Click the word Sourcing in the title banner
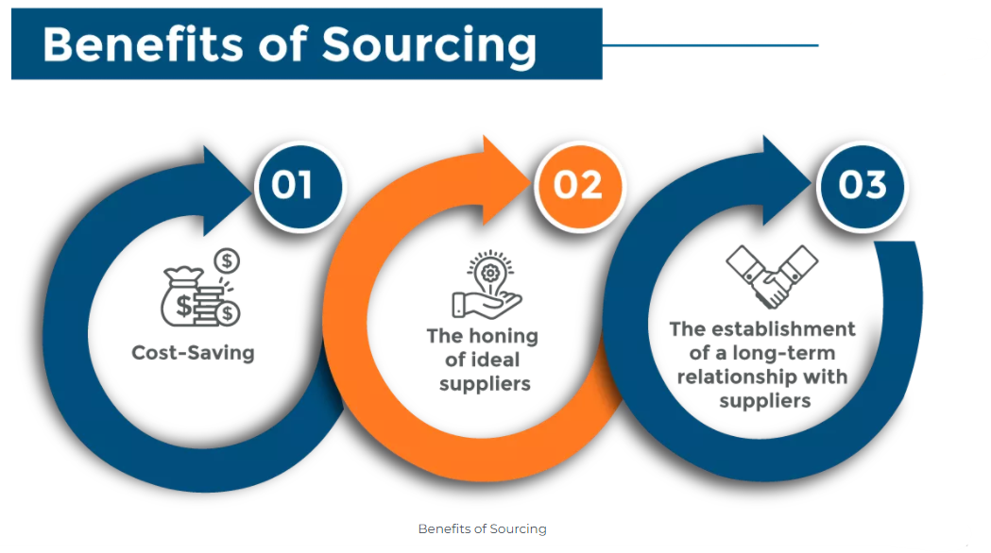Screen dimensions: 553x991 tap(429, 44)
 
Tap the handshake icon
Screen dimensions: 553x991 tap(771, 276)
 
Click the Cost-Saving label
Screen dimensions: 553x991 tap(193, 353)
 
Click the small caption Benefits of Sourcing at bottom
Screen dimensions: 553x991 tap(482, 528)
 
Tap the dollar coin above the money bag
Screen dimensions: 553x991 tap(227, 260)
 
